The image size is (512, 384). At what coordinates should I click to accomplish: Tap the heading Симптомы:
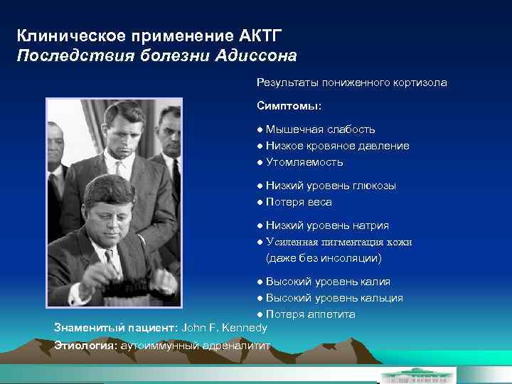pos(289,105)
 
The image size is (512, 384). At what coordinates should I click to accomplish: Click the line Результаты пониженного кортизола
pos(352,82)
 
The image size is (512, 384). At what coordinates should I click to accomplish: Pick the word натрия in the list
pos(372,225)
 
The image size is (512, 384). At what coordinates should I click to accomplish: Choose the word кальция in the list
pos(380,298)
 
